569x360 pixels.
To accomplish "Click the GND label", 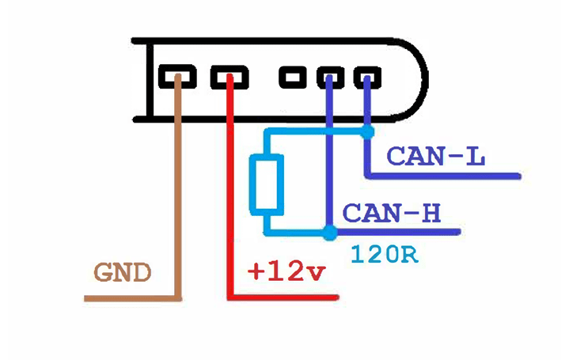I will (x=122, y=273).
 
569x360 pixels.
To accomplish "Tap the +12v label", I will (x=286, y=271).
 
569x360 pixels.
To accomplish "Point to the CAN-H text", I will (x=391, y=213).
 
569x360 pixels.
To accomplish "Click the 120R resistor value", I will (x=383, y=255).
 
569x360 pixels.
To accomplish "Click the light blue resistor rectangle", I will (x=267, y=184).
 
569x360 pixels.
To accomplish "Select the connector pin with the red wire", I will (x=229, y=78).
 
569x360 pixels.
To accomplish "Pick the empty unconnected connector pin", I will (x=294, y=78).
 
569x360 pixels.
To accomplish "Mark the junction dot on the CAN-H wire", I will (x=329, y=232).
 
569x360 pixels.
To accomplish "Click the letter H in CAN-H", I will (x=431, y=213).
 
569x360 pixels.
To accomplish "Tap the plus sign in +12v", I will (x=256, y=272).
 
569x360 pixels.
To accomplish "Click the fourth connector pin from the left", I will (x=329, y=78).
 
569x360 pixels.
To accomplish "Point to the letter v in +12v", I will (x=316, y=273).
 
